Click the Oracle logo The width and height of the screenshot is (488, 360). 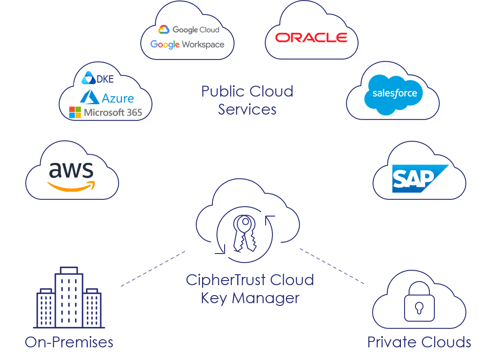311,37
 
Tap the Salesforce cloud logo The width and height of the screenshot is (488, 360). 394,93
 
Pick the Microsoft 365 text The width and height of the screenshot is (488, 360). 113,112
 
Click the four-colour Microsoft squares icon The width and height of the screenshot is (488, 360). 75,112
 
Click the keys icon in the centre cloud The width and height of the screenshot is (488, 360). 244,233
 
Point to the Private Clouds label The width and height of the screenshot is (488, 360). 419,342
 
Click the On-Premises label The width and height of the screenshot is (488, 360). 69,342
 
